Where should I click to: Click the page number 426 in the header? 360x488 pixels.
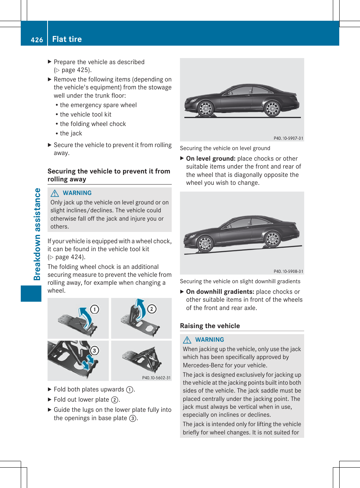(x=37, y=40)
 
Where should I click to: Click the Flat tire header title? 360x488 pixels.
(x=67, y=39)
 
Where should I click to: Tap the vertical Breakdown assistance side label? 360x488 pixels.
(x=37, y=234)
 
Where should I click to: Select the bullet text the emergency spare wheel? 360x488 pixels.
(x=98, y=105)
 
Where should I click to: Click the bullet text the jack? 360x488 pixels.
(x=71, y=133)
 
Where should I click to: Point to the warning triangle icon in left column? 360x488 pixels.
(x=55, y=193)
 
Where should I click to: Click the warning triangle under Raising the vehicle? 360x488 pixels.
(x=187, y=340)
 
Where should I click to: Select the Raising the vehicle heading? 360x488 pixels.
(x=210, y=326)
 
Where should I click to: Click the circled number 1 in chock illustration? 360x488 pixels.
(x=94, y=309)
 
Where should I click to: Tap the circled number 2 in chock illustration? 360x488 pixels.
(x=152, y=309)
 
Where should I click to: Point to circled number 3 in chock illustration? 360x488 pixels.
(x=94, y=350)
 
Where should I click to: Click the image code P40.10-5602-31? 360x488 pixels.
(x=156, y=378)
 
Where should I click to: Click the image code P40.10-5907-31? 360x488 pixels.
(x=288, y=138)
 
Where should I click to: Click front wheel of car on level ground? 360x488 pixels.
(x=206, y=109)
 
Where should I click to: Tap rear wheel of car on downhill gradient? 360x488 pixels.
(x=272, y=239)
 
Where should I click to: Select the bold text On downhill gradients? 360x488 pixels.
(x=220, y=292)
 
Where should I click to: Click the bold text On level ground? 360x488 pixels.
(x=211, y=158)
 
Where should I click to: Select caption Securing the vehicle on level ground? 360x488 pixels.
(x=225, y=148)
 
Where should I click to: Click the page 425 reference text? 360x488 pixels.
(x=76, y=70)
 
